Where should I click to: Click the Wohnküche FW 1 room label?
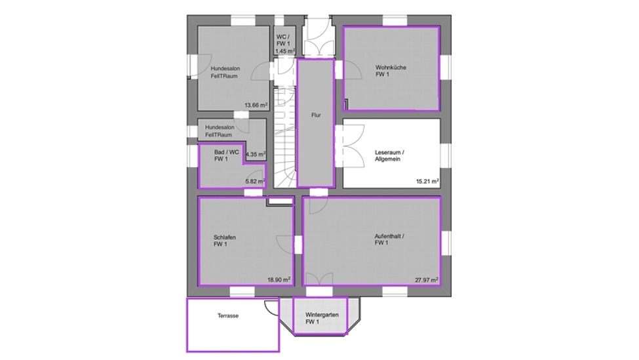tap(391, 71)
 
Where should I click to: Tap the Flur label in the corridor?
tap(316, 115)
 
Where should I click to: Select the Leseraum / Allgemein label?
tap(389, 156)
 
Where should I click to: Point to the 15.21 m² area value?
tap(427, 182)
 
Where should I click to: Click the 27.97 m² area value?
tap(427, 280)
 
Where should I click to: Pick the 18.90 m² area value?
tap(279, 280)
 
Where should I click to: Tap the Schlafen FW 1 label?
tap(225, 241)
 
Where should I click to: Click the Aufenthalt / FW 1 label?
tap(389, 239)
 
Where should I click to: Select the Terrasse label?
tap(228, 315)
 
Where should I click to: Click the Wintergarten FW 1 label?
tap(322, 319)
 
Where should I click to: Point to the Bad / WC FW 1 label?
tap(227, 155)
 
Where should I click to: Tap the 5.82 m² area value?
tap(255, 182)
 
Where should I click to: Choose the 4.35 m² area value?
tap(256, 155)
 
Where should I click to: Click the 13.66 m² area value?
tap(256, 105)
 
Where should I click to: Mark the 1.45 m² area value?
tap(285, 51)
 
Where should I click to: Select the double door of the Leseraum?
tap(350, 146)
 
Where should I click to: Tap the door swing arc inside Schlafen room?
tap(285, 243)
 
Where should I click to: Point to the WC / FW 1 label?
tap(283, 40)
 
